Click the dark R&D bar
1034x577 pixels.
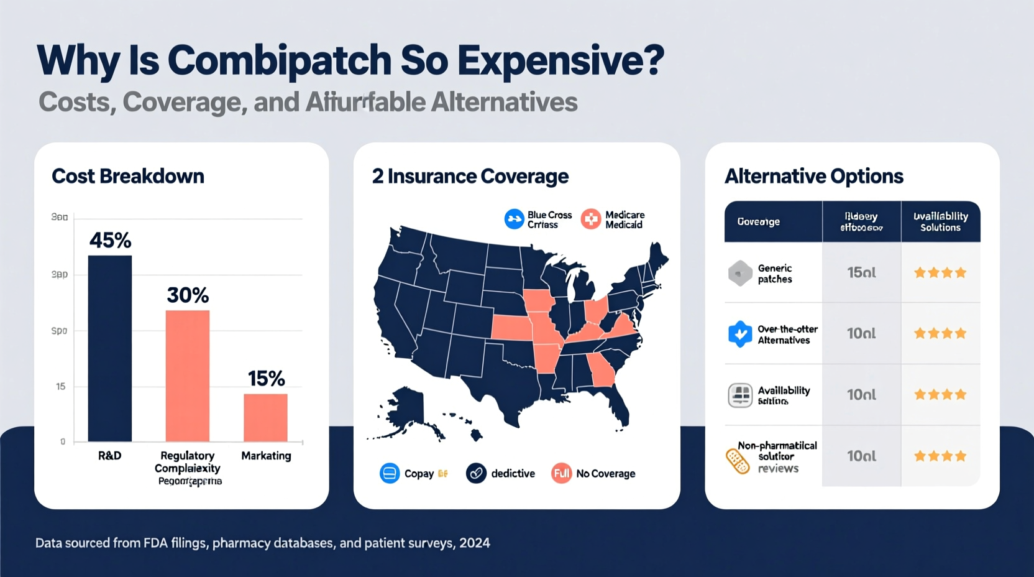coord(110,348)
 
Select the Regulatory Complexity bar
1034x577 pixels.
coord(187,376)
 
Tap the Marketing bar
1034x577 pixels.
coord(265,417)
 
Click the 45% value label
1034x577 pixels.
coord(110,240)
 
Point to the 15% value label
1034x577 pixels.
coord(266,378)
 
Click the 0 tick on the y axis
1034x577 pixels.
coord(63,441)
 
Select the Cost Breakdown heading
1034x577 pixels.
coord(127,176)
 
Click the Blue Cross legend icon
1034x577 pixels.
coord(514,219)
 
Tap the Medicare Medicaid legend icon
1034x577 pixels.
coord(591,219)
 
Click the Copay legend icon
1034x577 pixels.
coord(390,473)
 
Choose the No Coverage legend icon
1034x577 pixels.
coord(561,473)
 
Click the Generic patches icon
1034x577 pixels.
coord(739,273)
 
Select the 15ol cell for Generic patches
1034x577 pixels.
coord(861,272)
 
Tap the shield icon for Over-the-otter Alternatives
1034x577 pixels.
coord(739,334)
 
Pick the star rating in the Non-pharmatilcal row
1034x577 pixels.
coord(940,456)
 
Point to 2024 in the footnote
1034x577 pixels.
coord(475,543)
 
